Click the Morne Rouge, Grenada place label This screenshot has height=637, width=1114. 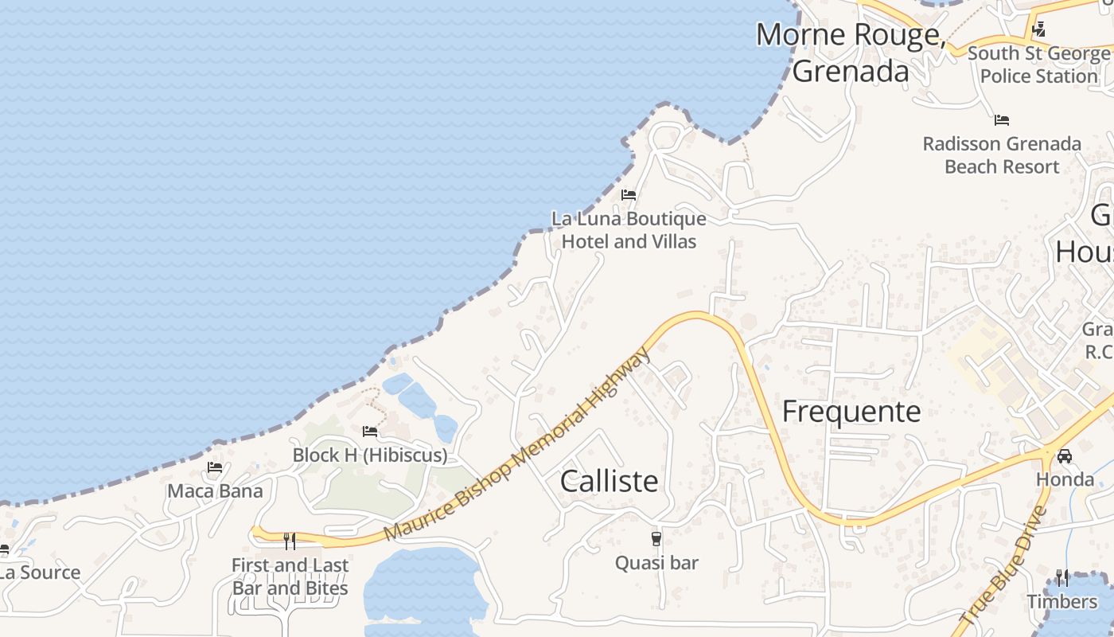point(850,53)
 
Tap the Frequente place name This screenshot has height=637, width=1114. point(851,412)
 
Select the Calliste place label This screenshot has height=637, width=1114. point(610,481)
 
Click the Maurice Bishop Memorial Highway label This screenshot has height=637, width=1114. point(517,445)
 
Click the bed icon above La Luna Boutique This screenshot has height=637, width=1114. point(629,195)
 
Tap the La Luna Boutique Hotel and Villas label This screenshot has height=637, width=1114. point(629,230)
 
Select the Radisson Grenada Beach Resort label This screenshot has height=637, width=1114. point(1002,155)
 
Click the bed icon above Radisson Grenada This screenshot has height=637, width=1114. point(1002,120)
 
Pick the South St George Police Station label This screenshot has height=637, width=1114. point(1038,64)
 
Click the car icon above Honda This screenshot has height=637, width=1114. point(1065,456)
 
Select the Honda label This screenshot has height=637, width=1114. point(1065,479)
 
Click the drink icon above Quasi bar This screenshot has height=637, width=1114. point(656,539)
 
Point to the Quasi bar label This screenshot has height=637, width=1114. point(656,563)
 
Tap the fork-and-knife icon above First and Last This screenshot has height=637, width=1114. point(290,541)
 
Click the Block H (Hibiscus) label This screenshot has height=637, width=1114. point(370,455)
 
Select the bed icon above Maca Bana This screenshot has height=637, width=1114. point(215,467)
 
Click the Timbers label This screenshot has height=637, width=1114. point(1062,601)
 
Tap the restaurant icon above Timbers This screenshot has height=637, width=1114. point(1062,577)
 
